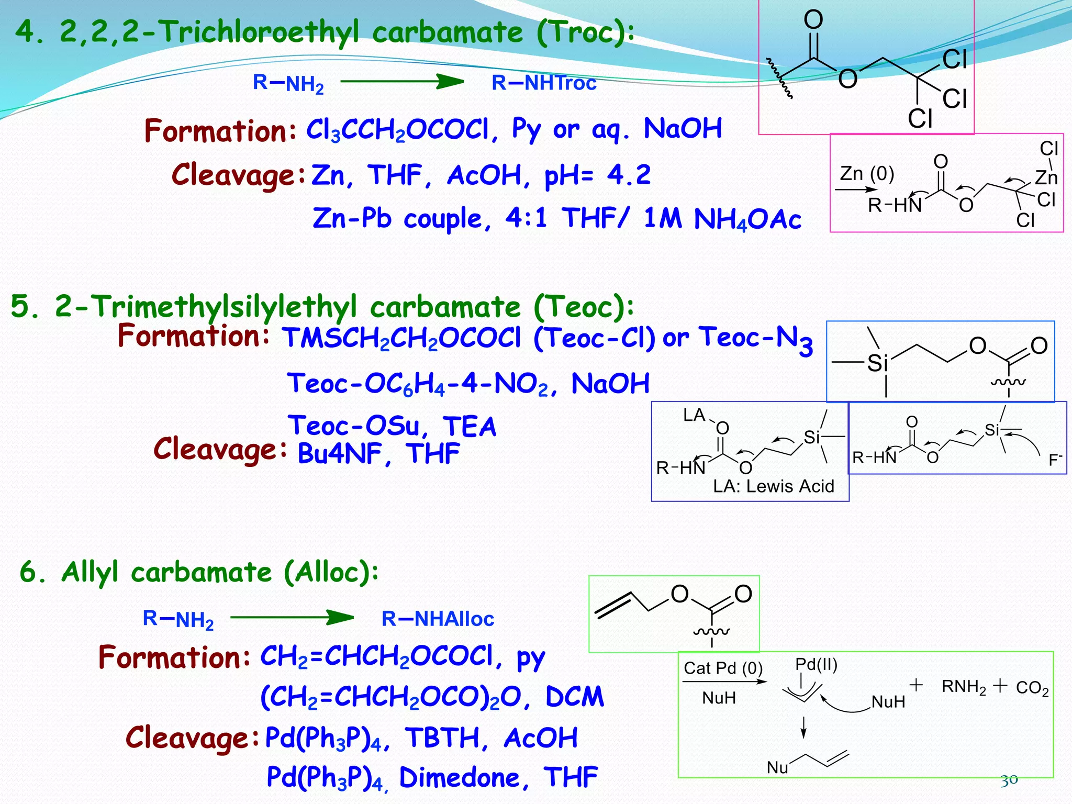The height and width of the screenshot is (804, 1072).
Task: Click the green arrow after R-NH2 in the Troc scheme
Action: coord(402,82)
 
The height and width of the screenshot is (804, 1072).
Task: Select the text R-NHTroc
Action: coord(544,83)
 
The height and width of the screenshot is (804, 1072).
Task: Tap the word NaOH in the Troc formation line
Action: coord(683,128)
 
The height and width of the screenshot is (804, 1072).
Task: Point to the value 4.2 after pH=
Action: coord(629,175)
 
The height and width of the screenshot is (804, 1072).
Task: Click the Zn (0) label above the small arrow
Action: coord(867,173)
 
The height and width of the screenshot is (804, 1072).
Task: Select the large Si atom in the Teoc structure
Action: coord(878,363)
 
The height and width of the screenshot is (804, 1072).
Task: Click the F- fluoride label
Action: coord(1055,460)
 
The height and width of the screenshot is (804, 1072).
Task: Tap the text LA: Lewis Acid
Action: coord(773,486)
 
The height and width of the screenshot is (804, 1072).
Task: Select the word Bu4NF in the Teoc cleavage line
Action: coord(340,453)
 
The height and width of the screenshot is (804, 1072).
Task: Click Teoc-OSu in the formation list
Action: coord(354,426)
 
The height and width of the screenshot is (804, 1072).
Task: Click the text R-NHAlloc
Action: coord(438,619)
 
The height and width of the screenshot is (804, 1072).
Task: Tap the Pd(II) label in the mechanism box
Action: coord(816,664)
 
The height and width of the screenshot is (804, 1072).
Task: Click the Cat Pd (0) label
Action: coord(723,668)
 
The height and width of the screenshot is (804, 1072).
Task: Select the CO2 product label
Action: coord(1032,688)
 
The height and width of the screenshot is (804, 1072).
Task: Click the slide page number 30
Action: coord(1009,780)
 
